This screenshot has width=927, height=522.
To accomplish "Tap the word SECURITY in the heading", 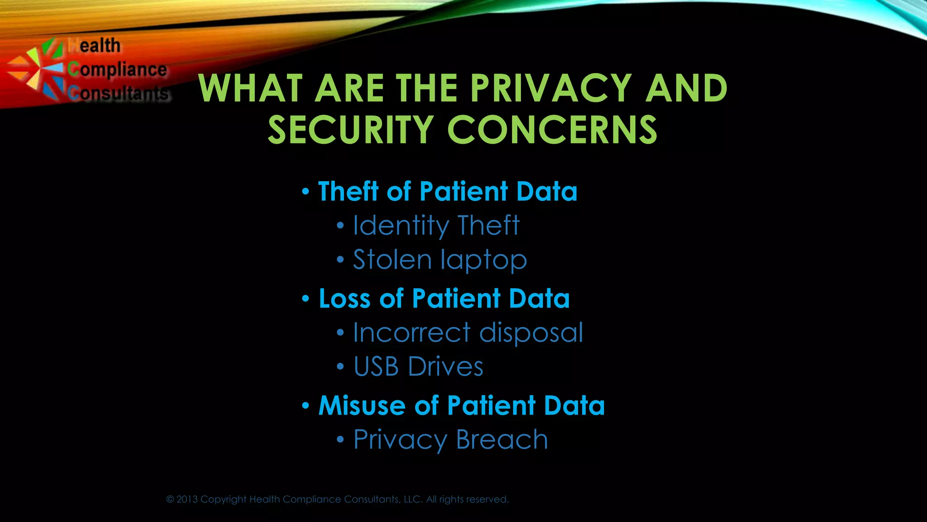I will click(x=351, y=130).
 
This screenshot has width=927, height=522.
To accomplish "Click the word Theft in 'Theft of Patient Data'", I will click(x=348, y=191).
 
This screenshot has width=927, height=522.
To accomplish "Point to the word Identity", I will click(x=401, y=226).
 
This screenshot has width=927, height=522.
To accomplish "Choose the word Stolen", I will click(x=392, y=260).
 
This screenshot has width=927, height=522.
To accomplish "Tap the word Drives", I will click(x=445, y=367).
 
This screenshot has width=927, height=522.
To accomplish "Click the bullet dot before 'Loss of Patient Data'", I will click(x=306, y=299).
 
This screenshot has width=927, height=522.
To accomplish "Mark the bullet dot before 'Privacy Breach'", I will click(x=340, y=440).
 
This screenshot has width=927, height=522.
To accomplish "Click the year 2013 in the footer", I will click(x=187, y=499).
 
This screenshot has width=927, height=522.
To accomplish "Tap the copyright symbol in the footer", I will click(x=170, y=499).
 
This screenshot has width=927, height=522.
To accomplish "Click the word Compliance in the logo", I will click(x=118, y=70).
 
